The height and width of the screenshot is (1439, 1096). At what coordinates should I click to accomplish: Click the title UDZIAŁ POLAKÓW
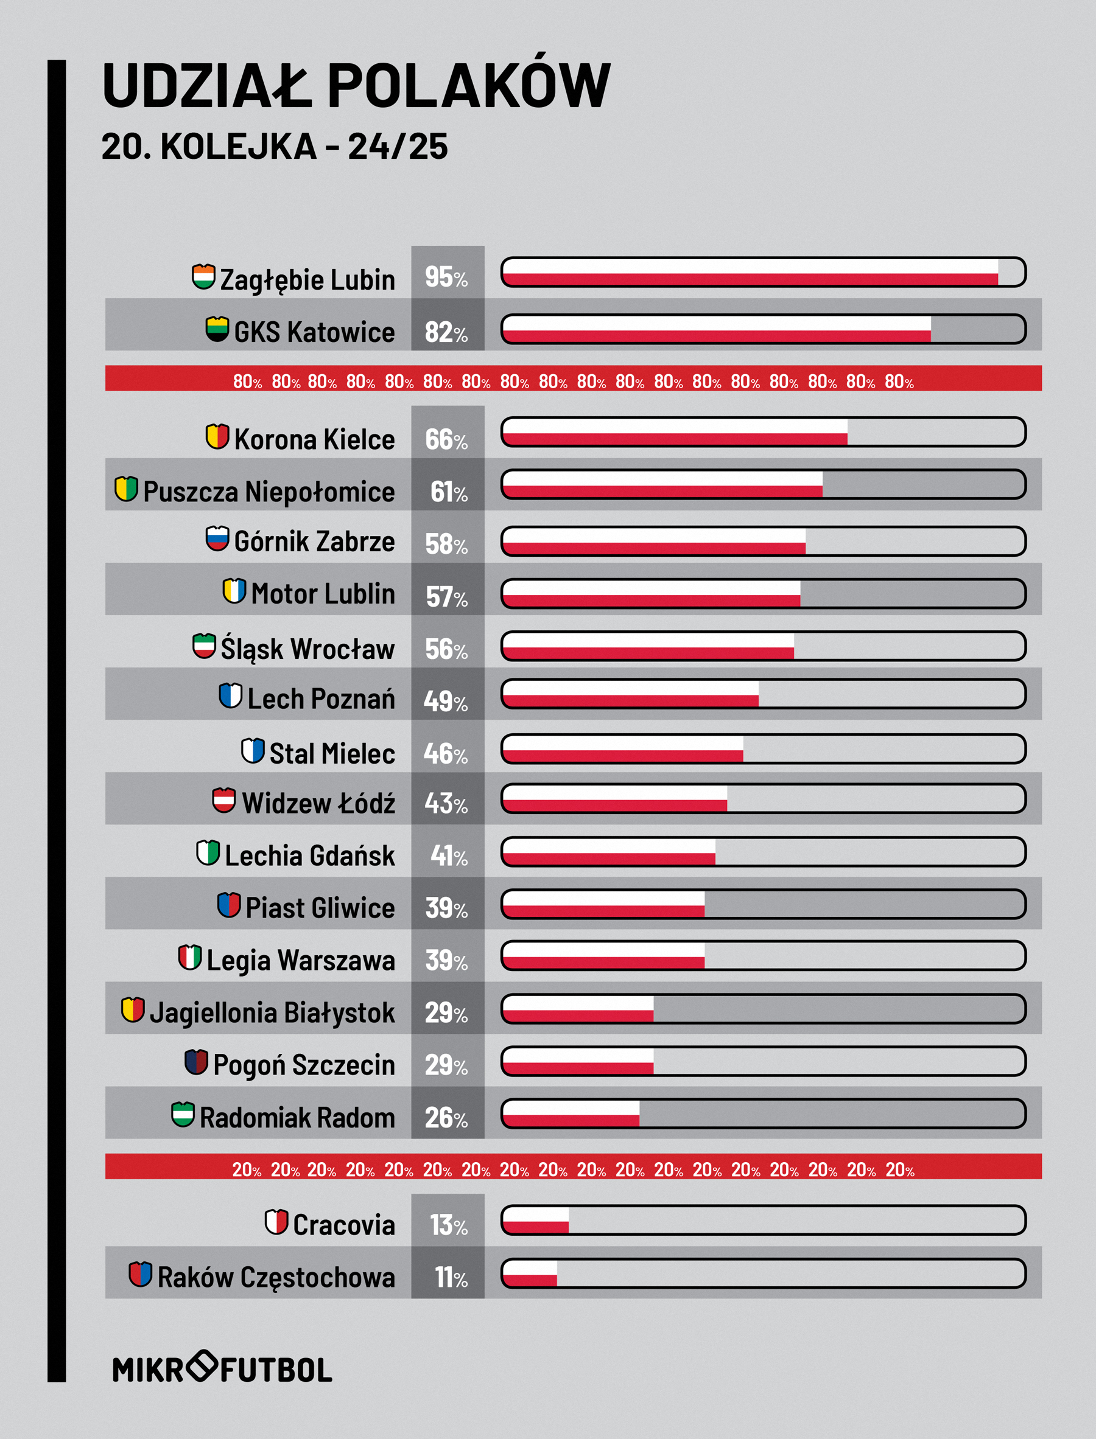(356, 85)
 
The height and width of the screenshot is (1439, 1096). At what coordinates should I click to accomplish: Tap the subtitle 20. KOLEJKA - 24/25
(275, 146)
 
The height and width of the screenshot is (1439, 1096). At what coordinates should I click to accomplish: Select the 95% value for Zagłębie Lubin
(447, 277)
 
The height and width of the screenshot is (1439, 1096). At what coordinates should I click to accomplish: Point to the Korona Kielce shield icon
(217, 436)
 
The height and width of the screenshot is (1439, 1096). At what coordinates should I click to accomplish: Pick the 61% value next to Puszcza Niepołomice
(449, 492)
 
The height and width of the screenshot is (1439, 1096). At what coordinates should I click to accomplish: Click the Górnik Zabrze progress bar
(764, 541)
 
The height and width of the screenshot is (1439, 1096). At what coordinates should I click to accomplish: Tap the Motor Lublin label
(323, 594)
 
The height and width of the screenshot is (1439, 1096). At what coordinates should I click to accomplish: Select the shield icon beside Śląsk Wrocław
(204, 646)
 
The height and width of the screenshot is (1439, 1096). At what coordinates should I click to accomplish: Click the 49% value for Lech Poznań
(446, 702)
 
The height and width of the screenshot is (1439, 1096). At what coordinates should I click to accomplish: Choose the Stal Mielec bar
(764, 749)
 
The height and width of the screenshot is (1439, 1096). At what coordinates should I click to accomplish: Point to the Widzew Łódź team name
(318, 803)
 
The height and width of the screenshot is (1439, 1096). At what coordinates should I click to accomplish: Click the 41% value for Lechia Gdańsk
(449, 856)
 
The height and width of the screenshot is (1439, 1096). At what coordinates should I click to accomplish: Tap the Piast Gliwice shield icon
(229, 904)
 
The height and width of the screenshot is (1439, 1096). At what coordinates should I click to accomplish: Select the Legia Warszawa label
(301, 960)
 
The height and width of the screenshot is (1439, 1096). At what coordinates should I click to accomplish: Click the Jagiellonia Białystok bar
(764, 1009)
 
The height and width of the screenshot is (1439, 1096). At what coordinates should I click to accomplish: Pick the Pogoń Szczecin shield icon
(196, 1062)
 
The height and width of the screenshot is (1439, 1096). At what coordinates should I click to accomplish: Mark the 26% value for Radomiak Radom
(447, 1118)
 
